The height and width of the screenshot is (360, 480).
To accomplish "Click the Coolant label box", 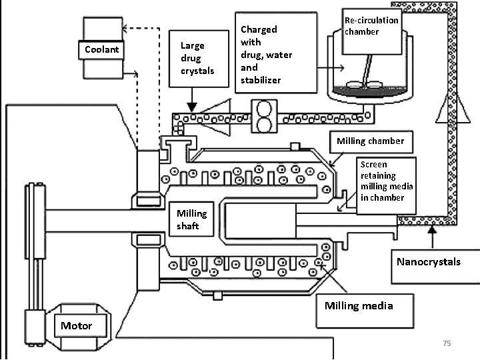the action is pos(101,49).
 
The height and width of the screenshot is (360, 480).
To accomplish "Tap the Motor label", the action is pos(76,325).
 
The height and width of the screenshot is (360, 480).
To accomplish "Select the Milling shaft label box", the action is pos(191,219).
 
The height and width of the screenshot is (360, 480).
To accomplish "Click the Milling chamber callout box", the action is pos(371,142).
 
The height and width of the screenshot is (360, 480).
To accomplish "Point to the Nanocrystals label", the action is pos(429,262).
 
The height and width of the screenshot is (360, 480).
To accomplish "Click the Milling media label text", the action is pos(359,305).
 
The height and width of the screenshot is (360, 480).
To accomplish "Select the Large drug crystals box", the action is pos(199,59).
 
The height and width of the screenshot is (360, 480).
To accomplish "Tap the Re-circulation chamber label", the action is pos(371,26).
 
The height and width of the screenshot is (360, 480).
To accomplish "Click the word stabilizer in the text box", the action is pos(261,80).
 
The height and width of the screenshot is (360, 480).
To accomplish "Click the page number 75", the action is pos(447,343).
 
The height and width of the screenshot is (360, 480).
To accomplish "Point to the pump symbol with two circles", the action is pos(264,116).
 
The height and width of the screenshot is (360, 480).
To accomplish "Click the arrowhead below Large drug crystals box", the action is pos(192,107).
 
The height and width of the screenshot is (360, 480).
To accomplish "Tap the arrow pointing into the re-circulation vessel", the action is pos(331,67).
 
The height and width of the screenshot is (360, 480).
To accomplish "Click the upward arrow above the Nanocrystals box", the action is pos(432,237).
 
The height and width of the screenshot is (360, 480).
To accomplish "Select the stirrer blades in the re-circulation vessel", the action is pos(364,84).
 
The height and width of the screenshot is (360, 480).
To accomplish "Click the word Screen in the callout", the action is pos(374,165).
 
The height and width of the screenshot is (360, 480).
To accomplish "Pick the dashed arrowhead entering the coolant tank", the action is pos(125,29).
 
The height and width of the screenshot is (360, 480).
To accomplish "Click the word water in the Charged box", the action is pos(279,55).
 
